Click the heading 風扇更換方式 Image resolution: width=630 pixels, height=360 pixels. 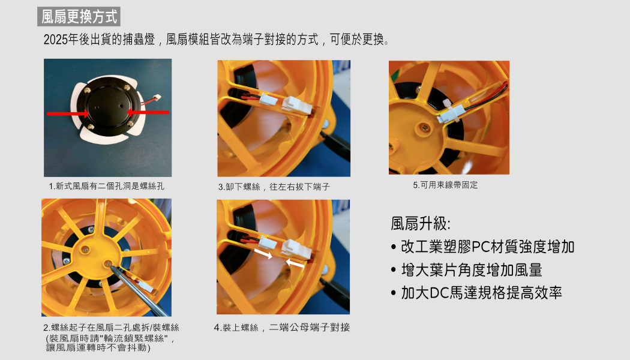pos(79,17)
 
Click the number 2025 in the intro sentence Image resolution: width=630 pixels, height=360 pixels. pos(55,40)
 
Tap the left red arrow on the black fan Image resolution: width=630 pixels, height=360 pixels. pos(67,114)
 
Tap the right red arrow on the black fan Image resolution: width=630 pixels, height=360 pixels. pos(148,112)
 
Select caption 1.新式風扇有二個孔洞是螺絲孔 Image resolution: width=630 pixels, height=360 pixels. pos(106,186)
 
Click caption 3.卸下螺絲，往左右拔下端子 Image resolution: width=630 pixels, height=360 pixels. pos(274,187)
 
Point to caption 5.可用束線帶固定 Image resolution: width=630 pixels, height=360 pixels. pos(446,185)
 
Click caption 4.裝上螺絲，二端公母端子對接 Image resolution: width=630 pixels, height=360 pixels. pos(281,328)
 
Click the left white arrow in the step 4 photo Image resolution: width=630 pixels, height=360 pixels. pos(263,254)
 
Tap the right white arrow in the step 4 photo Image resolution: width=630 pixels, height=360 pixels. pos(295,263)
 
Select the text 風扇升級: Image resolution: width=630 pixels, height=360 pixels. pos(421,223)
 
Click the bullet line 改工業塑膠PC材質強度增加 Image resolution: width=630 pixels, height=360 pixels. pos(487,247)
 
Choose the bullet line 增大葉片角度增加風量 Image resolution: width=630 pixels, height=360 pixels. pos(472,270)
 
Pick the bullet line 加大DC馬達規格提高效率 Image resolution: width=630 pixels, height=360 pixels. pos(481,293)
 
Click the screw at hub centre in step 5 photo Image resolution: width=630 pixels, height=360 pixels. pos(424,128)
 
